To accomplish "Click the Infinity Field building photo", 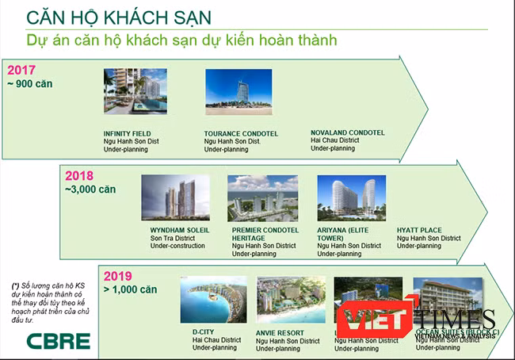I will point(135,92).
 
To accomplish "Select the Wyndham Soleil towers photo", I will point(175,197).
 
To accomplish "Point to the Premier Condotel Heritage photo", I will point(262,197).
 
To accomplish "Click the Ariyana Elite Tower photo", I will point(351,197).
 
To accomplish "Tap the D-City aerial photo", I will point(213,299).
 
